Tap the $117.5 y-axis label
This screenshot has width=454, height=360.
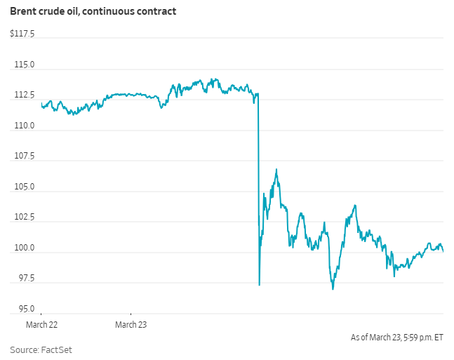(22, 34)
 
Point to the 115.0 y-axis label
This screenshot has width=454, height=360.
(25, 65)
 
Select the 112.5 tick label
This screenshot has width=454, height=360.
(25, 95)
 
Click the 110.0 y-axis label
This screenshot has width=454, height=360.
(25, 126)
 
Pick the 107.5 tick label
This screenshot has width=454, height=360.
(25, 156)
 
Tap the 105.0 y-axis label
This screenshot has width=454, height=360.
(25, 187)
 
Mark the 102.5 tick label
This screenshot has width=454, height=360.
(25, 217)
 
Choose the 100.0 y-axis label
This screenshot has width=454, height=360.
(25, 248)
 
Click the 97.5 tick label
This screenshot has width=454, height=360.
(26, 278)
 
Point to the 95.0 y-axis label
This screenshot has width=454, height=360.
(26, 309)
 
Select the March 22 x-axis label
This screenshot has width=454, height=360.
(41, 324)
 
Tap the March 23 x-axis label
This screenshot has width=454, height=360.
(131, 324)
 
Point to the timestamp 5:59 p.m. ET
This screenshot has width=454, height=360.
(420, 338)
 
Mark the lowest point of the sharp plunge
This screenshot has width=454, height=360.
(260, 284)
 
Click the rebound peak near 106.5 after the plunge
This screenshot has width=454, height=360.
(276, 169)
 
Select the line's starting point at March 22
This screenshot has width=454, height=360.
(42, 105)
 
